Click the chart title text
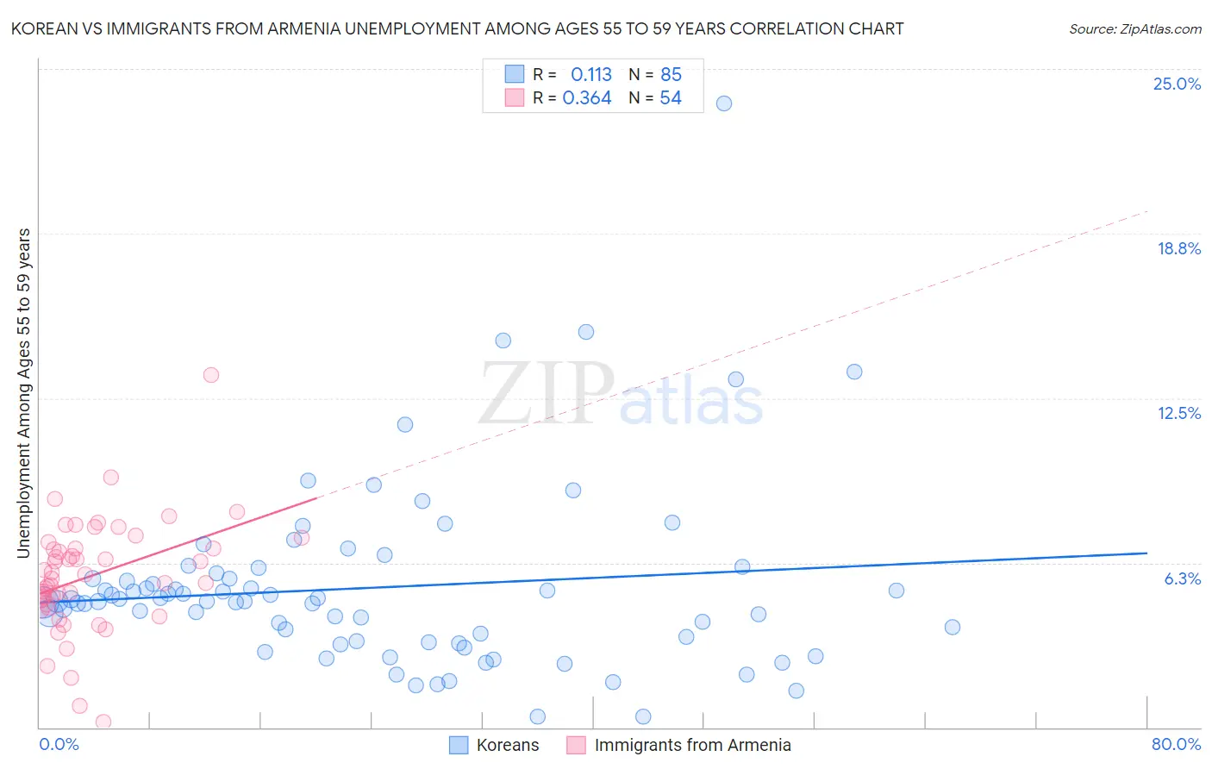point(457,28)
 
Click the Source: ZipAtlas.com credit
point(1134,28)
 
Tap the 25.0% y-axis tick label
point(1177,84)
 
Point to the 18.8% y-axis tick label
point(1178,248)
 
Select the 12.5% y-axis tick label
point(1178,413)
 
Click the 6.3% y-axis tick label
point(1182,578)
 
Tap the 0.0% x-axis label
point(59,744)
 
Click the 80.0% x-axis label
point(1175,744)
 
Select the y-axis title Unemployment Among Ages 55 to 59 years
point(24,393)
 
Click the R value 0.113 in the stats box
point(590,75)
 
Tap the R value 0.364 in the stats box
point(586,98)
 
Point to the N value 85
point(671,75)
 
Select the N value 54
point(671,98)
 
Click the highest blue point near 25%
point(724,103)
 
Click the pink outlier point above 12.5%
point(211,375)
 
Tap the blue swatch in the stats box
point(515,74)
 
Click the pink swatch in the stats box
point(515,97)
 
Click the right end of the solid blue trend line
point(1146,553)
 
